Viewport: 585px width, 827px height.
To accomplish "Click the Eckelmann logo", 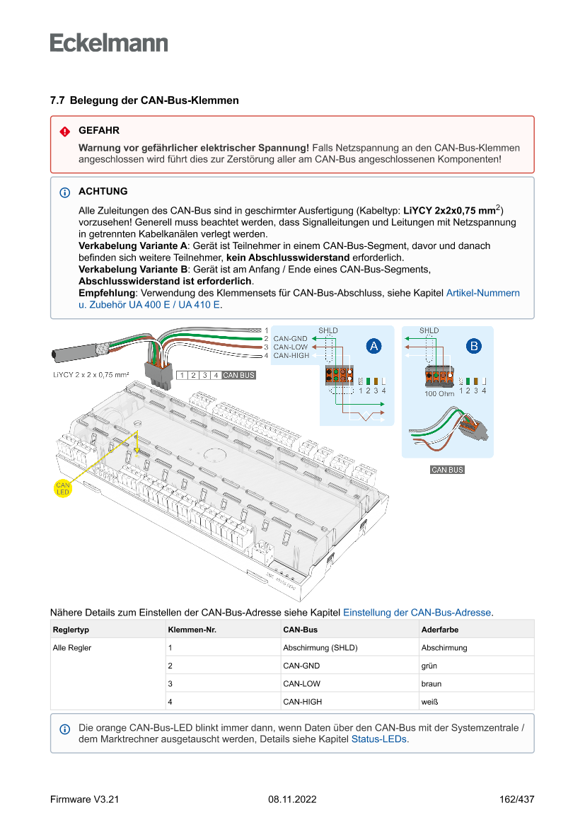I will click(109, 43).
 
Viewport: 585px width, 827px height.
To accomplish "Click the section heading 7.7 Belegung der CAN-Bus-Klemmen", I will click(144, 100).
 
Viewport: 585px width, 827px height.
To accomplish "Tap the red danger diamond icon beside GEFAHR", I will click(65, 132).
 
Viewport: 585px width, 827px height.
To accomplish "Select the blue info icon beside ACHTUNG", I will click(65, 192).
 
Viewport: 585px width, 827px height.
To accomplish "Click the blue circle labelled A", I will click(373, 346).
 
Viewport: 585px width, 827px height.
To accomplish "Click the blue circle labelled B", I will click(473, 346).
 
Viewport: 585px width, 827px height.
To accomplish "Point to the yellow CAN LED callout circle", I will click(64, 487).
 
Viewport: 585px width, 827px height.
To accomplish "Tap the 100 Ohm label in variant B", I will click(439, 394).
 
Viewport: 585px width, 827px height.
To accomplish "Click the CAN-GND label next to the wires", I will click(290, 339).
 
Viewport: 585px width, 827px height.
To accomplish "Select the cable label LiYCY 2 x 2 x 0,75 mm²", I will click(91, 374).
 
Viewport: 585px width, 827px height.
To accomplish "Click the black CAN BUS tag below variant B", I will click(448, 470).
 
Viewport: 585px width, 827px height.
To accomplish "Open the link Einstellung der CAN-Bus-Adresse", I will click(417, 612).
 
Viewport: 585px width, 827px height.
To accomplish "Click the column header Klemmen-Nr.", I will click(187, 629).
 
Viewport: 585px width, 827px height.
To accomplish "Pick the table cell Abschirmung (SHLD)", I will click(320, 647).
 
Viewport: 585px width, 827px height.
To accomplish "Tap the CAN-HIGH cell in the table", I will click(302, 702).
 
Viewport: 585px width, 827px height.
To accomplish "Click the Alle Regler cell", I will click(72, 647).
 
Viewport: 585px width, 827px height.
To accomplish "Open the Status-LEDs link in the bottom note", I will click(379, 739).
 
